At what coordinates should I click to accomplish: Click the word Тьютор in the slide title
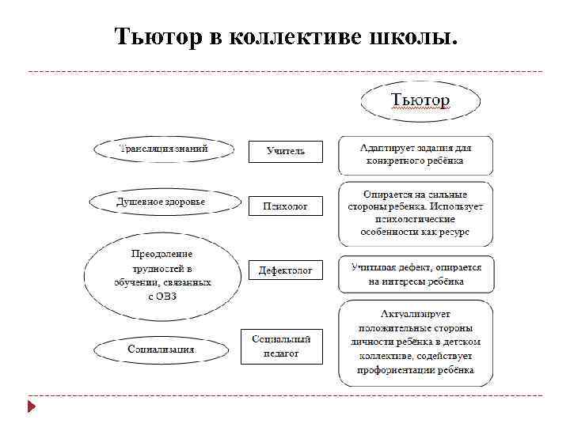click(x=158, y=37)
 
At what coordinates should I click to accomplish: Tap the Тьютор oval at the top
click(x=420, y=101)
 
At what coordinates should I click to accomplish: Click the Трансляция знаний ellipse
click(x=164, y=149)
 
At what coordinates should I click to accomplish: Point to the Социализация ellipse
click(x=161, y=349)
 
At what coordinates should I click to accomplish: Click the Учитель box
click(x=286, y=151)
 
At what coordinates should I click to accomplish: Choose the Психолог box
click(x=286, y=206)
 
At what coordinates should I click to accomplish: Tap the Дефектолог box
click(x=286, y=270)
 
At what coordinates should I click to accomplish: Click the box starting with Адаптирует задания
click(x=416, y=154)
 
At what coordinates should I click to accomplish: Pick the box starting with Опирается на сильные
click(x=416, y=213)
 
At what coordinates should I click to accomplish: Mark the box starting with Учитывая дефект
click(x=416, y=274)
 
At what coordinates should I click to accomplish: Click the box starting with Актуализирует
click(x=416, y=342)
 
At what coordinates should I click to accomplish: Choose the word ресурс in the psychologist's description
click(x=454, y=232)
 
